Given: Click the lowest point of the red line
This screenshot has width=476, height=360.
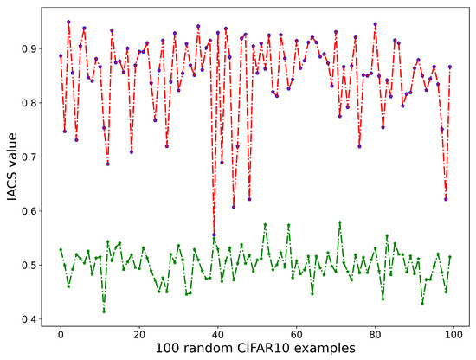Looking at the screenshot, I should [214, 235].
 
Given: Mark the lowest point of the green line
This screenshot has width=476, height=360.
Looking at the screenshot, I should [104, 311].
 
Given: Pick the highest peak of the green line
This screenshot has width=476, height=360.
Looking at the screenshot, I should [339, 222].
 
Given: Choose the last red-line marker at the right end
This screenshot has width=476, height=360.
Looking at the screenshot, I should [449, 67].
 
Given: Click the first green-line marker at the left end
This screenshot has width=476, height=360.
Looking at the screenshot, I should [61, 250].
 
